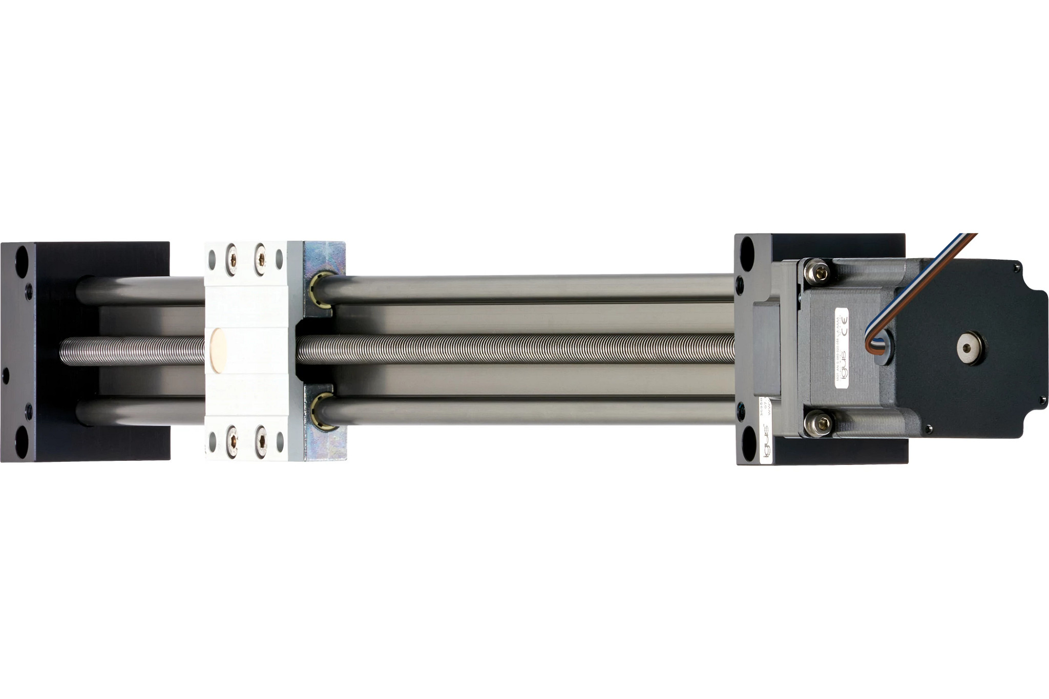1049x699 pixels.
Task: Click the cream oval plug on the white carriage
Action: (x=219, y=350)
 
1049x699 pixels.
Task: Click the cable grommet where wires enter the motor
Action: (x=883, y=347)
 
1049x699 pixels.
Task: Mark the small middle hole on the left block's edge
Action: (x=6, y=375)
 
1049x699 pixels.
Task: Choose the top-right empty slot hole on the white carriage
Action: (x=279, y=259)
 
